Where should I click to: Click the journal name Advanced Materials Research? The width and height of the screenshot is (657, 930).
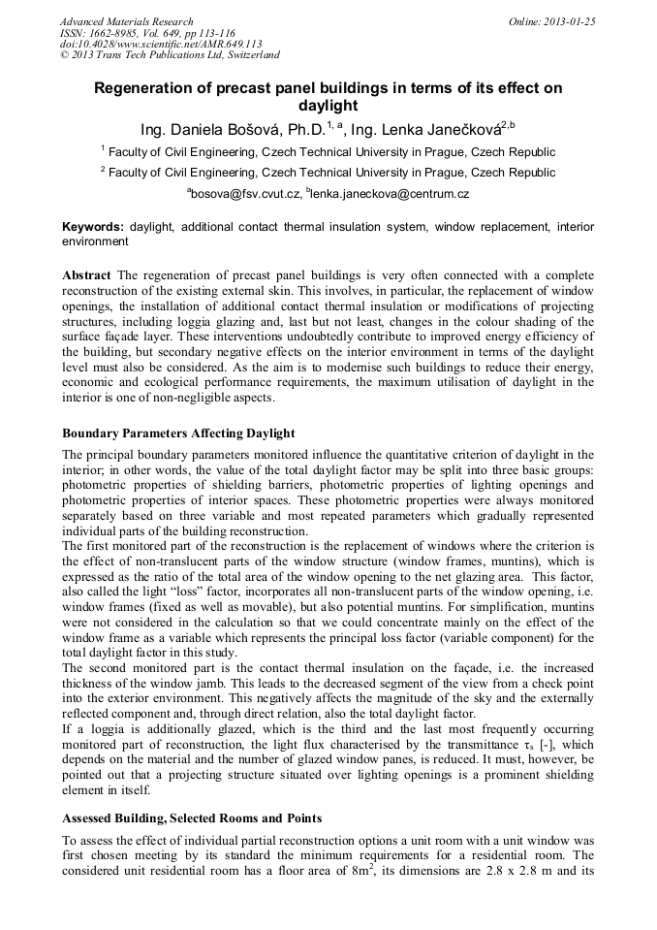pos(126,21)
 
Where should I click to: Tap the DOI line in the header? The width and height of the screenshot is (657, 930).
pos(161,44)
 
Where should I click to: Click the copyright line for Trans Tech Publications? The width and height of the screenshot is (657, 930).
pos(170,55)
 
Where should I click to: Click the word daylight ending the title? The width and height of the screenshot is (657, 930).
pos(328,106)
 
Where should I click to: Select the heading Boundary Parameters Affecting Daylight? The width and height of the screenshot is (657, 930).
pos(178,433)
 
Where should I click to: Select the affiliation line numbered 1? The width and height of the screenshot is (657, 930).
pos(328,152)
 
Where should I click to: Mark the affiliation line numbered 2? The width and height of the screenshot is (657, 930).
pos(328,173)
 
